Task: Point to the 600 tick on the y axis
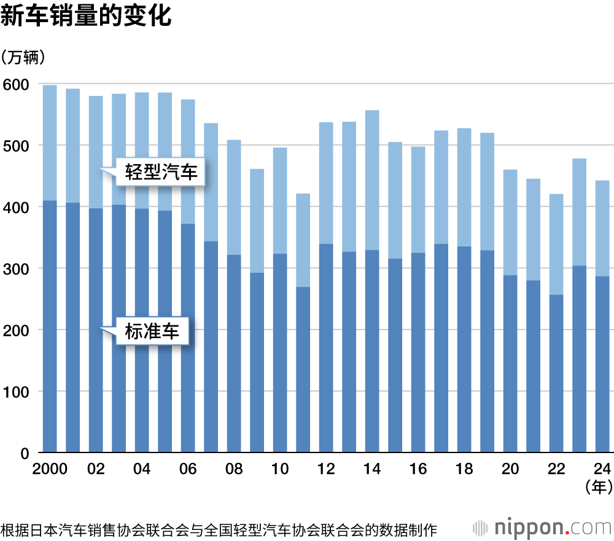(17, 84)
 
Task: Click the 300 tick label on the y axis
(17, 269)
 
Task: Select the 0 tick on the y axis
(25, 453)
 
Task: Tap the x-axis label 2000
(50, 469)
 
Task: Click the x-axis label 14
(372, 469)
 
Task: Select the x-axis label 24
(602, 469)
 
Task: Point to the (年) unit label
(597, 488)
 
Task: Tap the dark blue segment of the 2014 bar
(372, 350)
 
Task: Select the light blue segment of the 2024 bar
(602, 228)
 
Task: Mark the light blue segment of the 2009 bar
(257, 221)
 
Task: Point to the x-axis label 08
(234, 469)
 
